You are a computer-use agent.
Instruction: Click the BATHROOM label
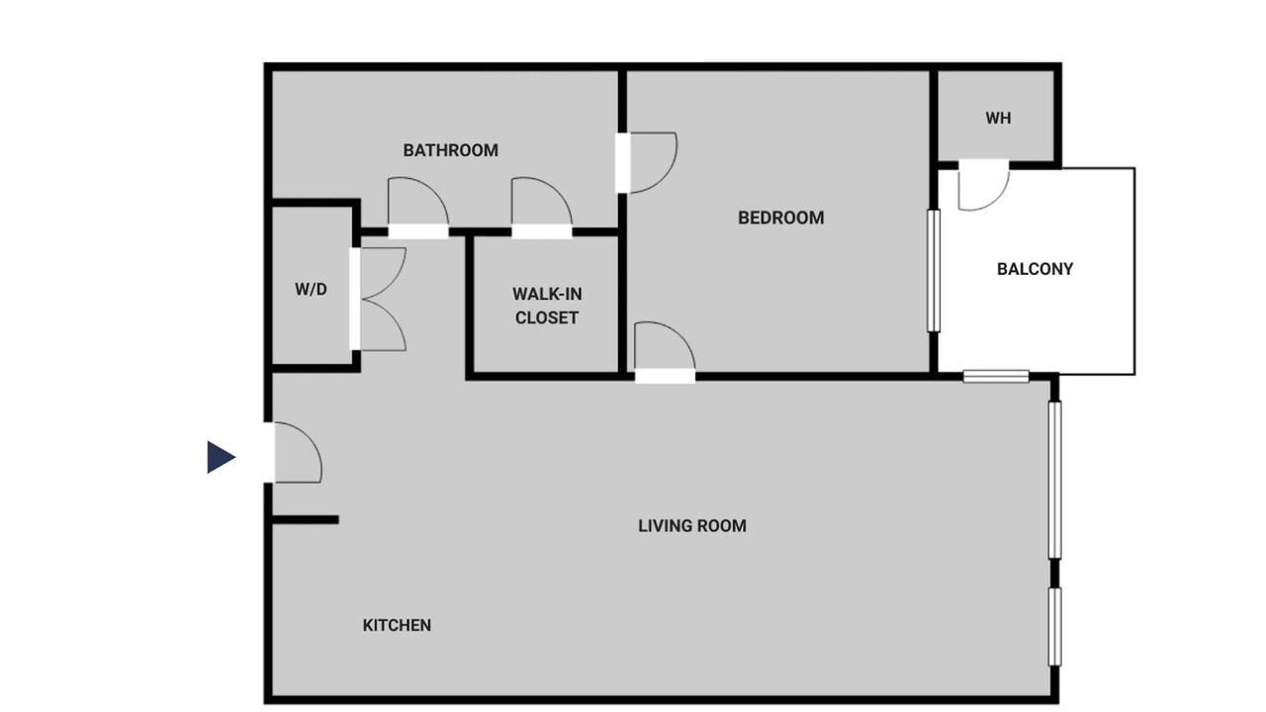(450, 150)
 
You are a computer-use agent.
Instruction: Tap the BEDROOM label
(781, 218)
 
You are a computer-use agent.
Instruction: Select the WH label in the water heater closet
(998, 118)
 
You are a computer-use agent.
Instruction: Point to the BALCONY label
(1035, 269)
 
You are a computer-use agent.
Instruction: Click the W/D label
(311, 290)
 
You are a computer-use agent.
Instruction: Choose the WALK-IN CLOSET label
(547, 306)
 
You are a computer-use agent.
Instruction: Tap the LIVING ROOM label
(692, 526)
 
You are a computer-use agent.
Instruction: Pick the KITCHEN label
(397, 625)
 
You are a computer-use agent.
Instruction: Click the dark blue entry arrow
(221, 457)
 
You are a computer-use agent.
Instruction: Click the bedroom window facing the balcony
(934, 271)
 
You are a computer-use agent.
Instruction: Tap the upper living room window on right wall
(1054, 480)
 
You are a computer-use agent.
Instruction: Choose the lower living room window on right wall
(1054, 627)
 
